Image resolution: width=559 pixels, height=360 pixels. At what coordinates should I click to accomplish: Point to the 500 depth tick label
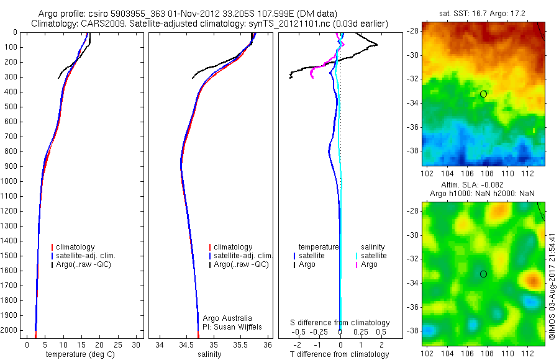pos(9,107)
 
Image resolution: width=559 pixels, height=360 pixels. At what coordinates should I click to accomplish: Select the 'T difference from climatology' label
pos(340,354)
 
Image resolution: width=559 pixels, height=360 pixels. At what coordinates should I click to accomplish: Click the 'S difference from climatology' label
pos(340,323)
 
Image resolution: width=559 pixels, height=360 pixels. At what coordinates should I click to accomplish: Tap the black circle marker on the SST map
pos(483,94)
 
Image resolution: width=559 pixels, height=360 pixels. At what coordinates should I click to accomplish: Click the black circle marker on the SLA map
pos(483,274)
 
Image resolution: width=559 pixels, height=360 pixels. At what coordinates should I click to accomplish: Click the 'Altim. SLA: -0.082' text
pos(477,185)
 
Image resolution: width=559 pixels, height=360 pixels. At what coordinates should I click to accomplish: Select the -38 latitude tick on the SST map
pos(413,150)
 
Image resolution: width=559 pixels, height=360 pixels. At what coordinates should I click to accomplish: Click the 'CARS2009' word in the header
pos(98,24)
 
